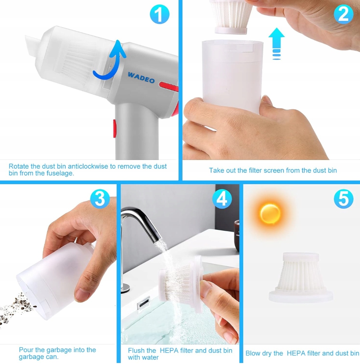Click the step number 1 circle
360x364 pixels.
pos(159,14)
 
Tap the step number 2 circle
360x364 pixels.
pos(344,14)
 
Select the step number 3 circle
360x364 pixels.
pos(100,199)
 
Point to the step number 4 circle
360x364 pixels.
pos(222,199)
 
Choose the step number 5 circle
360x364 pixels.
pos(344,199)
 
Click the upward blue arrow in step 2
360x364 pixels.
pos(276,44)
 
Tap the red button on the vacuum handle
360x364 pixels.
pos(115,128)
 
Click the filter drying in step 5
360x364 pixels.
pos(301,277)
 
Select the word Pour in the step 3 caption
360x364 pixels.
pos(26,350)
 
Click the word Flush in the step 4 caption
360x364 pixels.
pos(136,350)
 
